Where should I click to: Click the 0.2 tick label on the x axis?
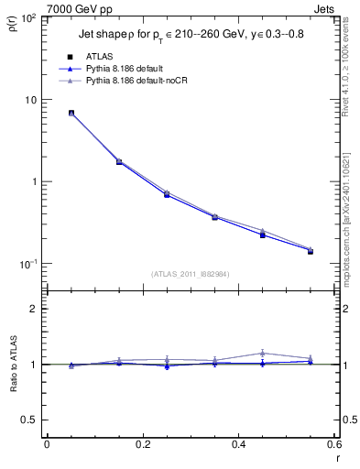142,444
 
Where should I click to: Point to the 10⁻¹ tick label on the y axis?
29,264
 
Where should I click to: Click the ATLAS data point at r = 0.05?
71,113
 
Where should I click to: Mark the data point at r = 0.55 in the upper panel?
311,250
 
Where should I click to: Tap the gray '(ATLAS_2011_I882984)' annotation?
190,274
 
